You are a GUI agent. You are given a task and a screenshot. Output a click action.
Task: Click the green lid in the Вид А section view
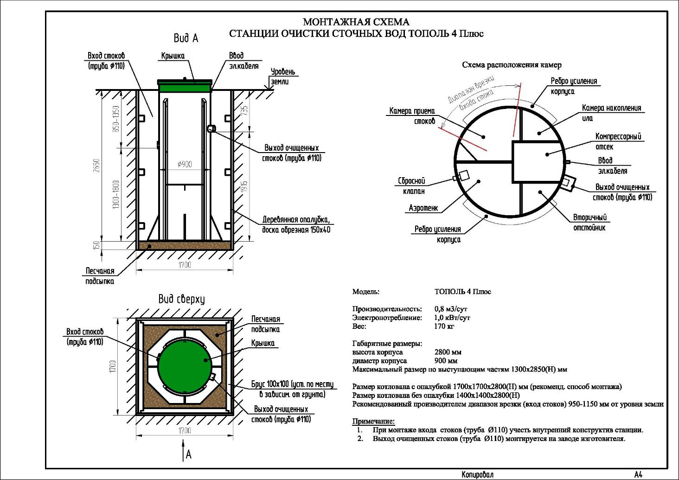click(x=185, y=86)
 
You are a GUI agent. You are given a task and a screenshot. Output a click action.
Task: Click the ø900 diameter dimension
click(x=184, y=164)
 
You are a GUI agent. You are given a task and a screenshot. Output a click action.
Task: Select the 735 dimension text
click(x=245, y=110)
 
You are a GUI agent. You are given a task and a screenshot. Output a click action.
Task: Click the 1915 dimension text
click(x=245, y=187)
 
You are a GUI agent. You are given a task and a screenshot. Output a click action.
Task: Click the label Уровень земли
click(x=282, y=77)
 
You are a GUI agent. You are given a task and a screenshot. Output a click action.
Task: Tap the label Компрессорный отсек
click(x=618, y=141)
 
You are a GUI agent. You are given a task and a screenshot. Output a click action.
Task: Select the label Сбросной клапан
click(x=412, y=186)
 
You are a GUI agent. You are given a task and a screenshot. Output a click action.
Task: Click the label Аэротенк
click(x=423, y=208)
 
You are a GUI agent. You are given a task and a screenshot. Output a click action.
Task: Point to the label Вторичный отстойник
click(x=589, y=222)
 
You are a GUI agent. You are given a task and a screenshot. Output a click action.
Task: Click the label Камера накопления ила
click(x=611, y=113)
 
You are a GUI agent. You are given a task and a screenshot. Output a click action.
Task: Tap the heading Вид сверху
click(x=181, y=299)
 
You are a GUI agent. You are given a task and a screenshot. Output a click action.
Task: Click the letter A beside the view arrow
click(x=189, y=454)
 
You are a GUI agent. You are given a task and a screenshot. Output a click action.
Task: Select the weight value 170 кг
click(x=444, y=326)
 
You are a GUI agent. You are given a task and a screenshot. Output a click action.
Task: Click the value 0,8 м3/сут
click(x=451, y=309)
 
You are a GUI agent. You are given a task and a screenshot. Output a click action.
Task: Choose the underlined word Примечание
click(x=373, y=421)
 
